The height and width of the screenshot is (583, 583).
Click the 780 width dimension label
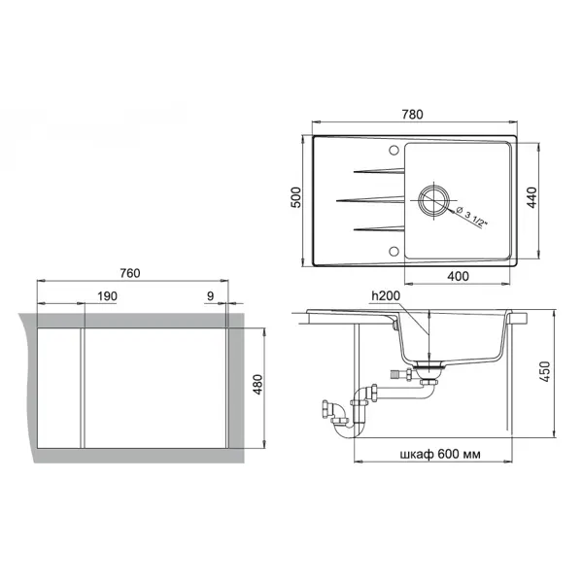pyautogui.click(x=412, y=114)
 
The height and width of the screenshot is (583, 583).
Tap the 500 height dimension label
pyautogui.click(x=296, y=197)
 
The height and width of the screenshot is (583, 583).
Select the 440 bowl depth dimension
pyautogui.click(x=532, y=197)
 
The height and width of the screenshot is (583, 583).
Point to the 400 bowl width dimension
pyautogui.click(x=458, y=276)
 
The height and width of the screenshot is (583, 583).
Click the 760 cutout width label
pyautogui.click(x=130, y=273)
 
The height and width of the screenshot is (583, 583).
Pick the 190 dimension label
pyautogui.click(x=107, y=296)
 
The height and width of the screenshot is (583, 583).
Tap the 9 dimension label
pyautogui.click(x=211, y=296)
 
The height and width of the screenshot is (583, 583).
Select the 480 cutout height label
pyautogui.click(x=257, y=385)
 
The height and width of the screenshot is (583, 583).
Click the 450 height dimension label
pyautogui.click(x=545, y=371)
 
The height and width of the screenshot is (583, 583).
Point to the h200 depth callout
pyautogui.click(x=386, y=295)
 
